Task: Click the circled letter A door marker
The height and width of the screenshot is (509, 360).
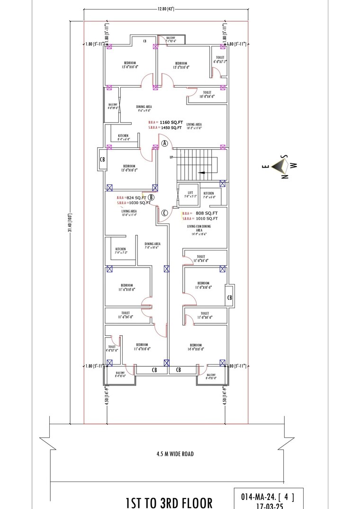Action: point(165,143)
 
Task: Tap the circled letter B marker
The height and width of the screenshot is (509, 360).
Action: point(151,197)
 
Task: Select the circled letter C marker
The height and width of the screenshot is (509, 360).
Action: point(164,213)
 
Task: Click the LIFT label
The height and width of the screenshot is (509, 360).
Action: point(183,193)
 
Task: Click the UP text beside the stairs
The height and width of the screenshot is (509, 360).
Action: point(172,157)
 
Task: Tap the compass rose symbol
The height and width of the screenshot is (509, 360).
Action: point(283,166)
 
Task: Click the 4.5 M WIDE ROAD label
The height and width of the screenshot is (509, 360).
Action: point(175,454)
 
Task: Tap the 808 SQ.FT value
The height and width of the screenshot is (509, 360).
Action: point(207,213)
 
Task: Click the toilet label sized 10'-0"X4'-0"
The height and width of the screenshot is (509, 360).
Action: point(207,94)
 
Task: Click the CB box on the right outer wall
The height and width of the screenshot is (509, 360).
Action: point(229,297)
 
